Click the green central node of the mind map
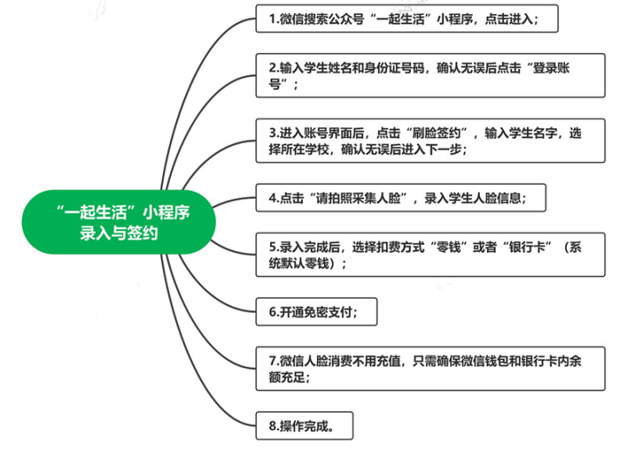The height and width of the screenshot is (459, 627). click(118, 222)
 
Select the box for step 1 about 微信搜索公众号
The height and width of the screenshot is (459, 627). click(407, 19)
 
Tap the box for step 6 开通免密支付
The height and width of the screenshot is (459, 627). click(316, 312)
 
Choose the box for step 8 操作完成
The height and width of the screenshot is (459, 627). click(304, 426)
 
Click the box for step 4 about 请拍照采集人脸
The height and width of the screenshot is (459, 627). click(401, 198)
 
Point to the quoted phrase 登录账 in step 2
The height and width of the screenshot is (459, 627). click(551, 68)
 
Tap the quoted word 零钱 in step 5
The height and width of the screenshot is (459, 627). click(448, 247)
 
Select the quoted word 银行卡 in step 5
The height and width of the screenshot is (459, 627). click(527, 247)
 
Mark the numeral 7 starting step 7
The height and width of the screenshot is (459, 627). click(273, 361)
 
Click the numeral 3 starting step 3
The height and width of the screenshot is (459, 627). click(273, 132)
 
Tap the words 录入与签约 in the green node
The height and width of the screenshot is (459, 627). click(118, 233)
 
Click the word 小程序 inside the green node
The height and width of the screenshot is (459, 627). click(166, 212)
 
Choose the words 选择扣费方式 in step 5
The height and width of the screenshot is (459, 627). click(388, 247)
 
